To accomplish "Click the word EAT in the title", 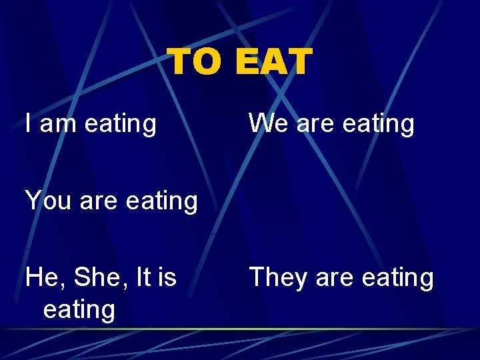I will pos(273,61).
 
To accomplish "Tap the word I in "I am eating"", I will pos(29,123).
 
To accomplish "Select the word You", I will pos(48,200).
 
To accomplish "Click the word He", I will pos(41,277).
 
